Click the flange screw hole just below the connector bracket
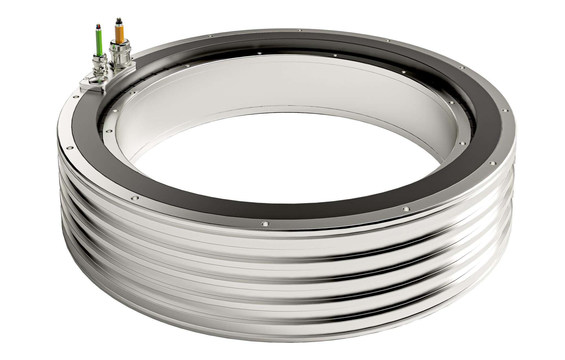point(76,97)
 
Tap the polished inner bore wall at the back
point(254,85)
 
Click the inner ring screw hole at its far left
point(107,131)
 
